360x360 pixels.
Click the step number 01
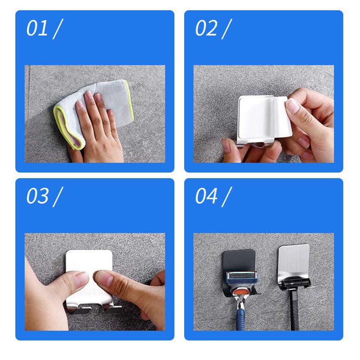(x=37, y=28)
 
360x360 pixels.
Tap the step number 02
(x=206, y=28)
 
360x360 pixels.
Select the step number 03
(x=37, y=196)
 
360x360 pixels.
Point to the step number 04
(x=206, y=196)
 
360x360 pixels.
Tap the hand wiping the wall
(x=96, y=128)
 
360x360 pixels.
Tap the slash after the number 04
(x=227, y=197)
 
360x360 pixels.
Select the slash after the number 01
(x=58, y=29)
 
